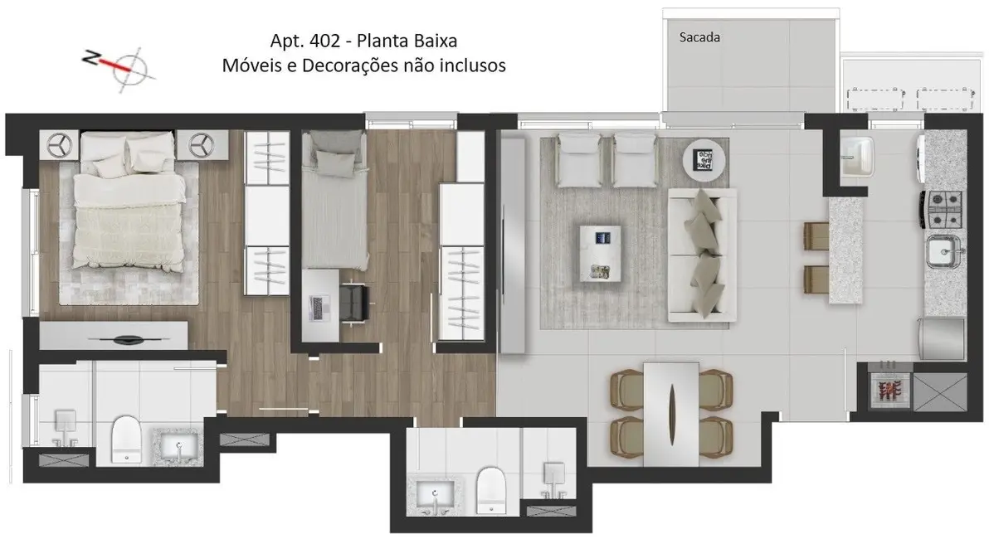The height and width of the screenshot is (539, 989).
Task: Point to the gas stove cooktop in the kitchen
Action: tap(944, 210)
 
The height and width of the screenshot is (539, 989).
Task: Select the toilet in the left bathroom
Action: tap(126, 439)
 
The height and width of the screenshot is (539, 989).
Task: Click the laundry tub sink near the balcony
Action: tap(856, 156)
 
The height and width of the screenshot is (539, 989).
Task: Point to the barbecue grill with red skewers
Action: tap(889, 387)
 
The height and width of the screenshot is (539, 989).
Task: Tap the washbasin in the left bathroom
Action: tap(178, 448)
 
